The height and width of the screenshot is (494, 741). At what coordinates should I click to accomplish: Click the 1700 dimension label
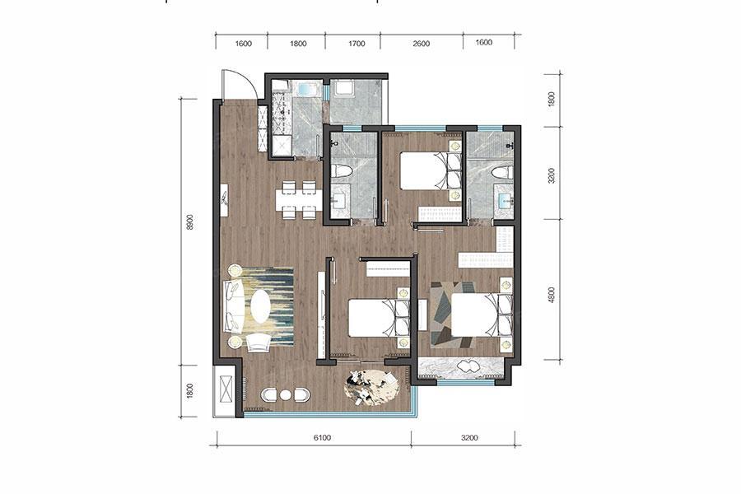tap(357, 44)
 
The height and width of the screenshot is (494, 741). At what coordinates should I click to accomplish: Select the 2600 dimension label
tap(421, 44)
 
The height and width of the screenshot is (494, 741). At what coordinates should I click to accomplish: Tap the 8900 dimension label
tap(190, 222)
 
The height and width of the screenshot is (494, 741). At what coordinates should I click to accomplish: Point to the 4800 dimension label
tap(552, 295)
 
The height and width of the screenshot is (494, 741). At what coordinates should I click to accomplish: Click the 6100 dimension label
tap(322, 438)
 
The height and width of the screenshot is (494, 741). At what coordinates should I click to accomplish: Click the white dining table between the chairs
tap(299, 200)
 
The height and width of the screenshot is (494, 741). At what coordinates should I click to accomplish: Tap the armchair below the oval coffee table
tap(259, 343)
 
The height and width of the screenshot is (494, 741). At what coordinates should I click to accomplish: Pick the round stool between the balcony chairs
tap(285, 394)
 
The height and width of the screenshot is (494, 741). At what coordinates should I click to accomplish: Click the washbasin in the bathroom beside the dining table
tap(339, 201)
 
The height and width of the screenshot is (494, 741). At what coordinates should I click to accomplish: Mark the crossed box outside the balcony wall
tap(223, 389)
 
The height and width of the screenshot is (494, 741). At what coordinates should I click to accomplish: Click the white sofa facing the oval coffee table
tap(234, 307)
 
